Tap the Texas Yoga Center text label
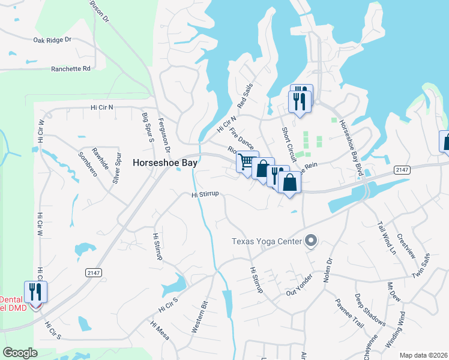coord(268,242)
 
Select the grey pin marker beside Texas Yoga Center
coord(311,241)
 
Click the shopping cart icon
coord(246,161)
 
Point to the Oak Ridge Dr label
coord(52,40)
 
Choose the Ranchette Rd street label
coord(71,68)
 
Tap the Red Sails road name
coord(245,95)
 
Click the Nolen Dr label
coord(328,269)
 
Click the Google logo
coord(20,353)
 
